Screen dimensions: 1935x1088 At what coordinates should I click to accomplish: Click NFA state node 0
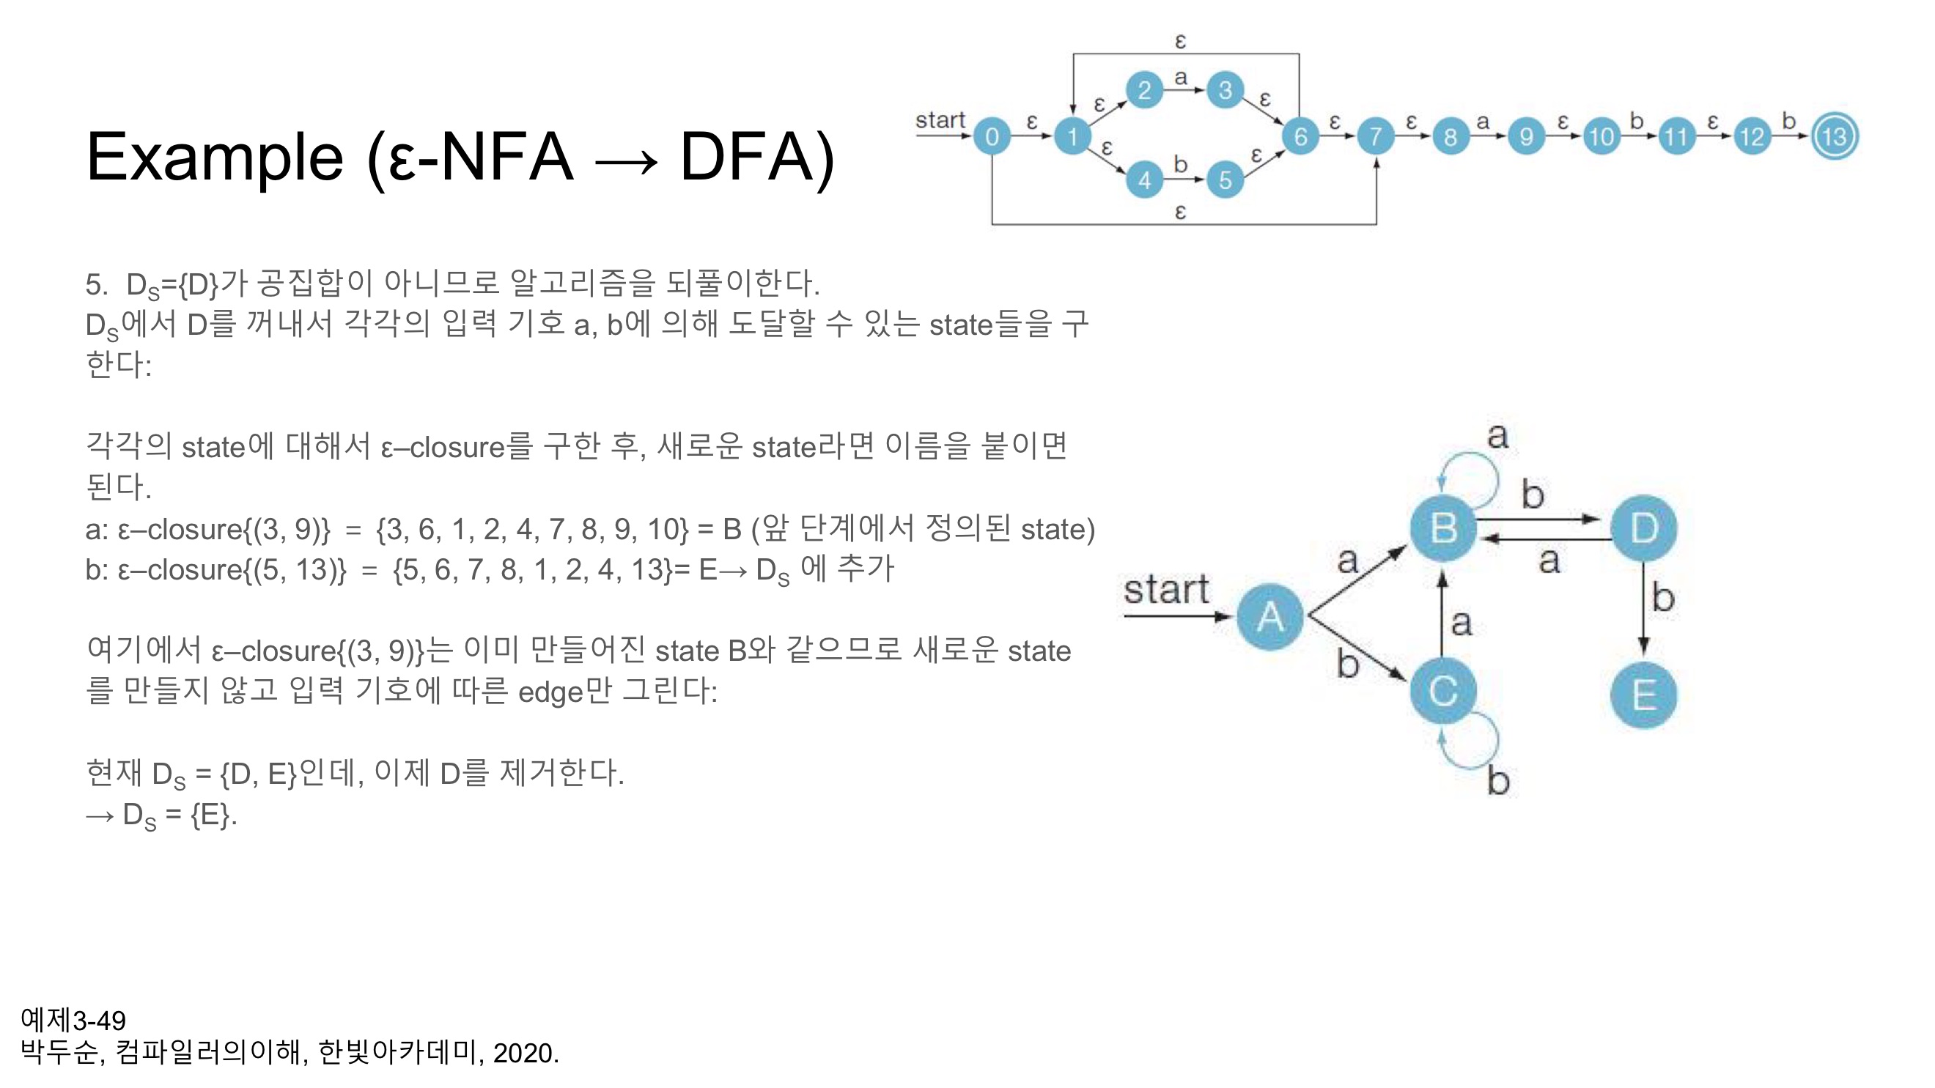click(x=992, y=137)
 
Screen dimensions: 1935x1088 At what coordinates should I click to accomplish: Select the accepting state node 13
click(x=1835, y=137)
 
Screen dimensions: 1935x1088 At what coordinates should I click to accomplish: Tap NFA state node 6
click(x=1300, y=137)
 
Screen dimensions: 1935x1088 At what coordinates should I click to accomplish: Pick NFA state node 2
click(x=1144, y=91)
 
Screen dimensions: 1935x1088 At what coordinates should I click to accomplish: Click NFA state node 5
click(x=1225, y=180)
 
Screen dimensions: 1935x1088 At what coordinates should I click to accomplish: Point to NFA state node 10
click(x=1602, y=137)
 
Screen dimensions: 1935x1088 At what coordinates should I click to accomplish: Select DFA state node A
click(x=1270, y=617)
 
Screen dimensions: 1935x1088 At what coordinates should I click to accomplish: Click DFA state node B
click(x=1443, y=528)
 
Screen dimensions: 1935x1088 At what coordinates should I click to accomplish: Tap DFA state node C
click(x=1443, y=692)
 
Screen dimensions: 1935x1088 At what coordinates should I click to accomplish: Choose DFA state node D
click(x=1644, y=528)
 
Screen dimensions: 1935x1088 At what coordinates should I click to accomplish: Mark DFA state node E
click(x=1644, y=695)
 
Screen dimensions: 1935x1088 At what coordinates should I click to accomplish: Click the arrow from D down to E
click(x=1644, y=608)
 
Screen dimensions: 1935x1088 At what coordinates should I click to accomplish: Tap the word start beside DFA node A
click(x=1166, y=591)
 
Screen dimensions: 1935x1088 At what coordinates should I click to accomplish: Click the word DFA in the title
click(x=756, y=158)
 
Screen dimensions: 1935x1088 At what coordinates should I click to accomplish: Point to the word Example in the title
click(x=215, y=158)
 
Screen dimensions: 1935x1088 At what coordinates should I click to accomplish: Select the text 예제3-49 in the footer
click(x=73, y=1021)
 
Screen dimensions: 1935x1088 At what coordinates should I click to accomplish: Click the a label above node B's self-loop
click(x=1498, y=436)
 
